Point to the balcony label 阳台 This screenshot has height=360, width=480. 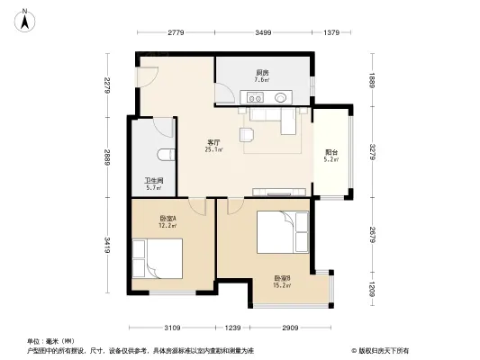[331, 152]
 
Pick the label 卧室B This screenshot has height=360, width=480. [282, 278]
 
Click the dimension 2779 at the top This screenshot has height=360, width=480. [175, 33]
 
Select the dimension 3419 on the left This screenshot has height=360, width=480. [107, 244]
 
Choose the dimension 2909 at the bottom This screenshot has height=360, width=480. [290, 327]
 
